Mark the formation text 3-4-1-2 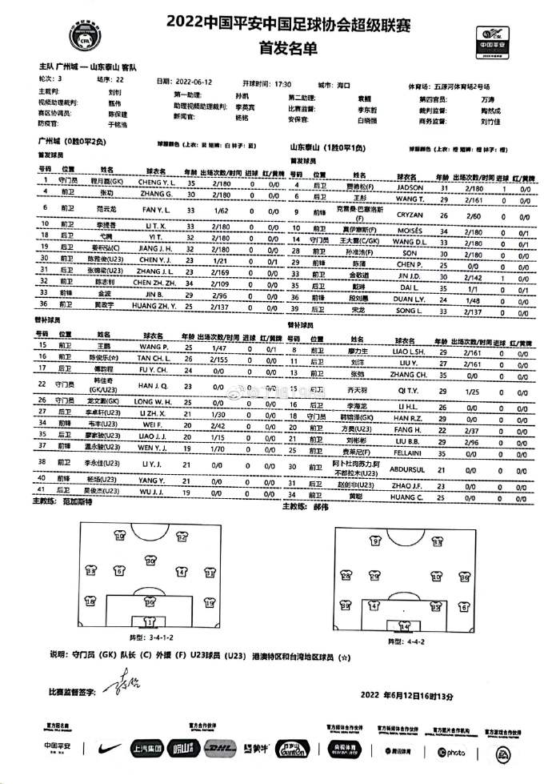pyautogui.click(x=166, y=637)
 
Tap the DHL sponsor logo pyautogui.click(x=219, y=749)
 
